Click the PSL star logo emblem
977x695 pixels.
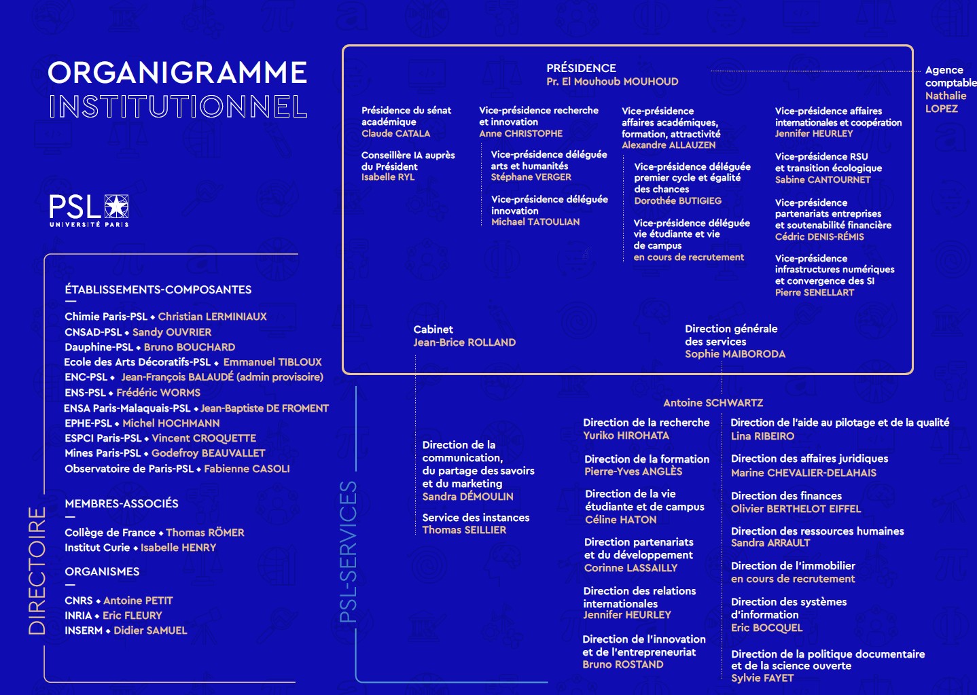click(x=116, y=206)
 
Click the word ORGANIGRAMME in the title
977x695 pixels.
click(x=177, y=73)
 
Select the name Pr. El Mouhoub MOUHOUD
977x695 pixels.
click(x=612, y=82)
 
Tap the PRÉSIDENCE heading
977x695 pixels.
click(x=581, y=68)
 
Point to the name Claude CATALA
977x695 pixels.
click(x=395, y=134)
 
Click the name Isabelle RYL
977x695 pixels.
click(x=387, y=177)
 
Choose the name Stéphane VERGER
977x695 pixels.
click(x=531, y=177)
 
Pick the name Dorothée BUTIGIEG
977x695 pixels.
click(x=677, y=201)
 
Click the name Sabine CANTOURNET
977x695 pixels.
click(x=822, y=180)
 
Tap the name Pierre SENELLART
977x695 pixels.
click(x=814, y=293)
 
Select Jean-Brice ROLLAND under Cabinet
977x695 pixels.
click(x=464, y=342)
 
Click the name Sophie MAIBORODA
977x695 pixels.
click(x=734, y=354)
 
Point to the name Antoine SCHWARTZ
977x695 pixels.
click(x=713, y=403)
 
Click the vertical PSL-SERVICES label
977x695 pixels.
click(x=348, y=552)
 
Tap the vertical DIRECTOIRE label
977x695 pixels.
click(x=37, y=571)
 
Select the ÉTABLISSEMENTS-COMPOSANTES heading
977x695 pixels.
click(x=158, y=289)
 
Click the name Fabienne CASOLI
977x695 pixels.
click(x=247, y=469)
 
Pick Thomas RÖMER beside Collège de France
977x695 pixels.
click(x=205, y=533)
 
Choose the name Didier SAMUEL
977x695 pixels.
click(x=150, y=630)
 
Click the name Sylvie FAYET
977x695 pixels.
click(x=762, y=678)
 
